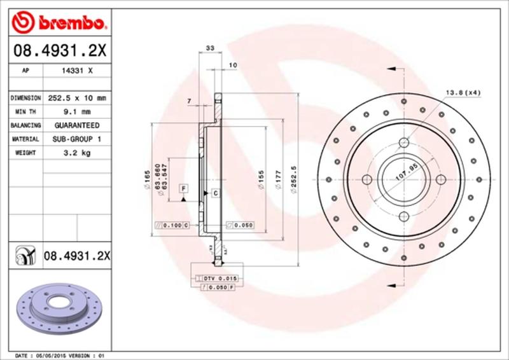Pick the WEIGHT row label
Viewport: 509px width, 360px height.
click(x=24, y=153)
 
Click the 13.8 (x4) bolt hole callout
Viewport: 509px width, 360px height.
click(x=462, y=93)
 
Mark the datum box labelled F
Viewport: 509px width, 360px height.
click(x=183, y=189)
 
